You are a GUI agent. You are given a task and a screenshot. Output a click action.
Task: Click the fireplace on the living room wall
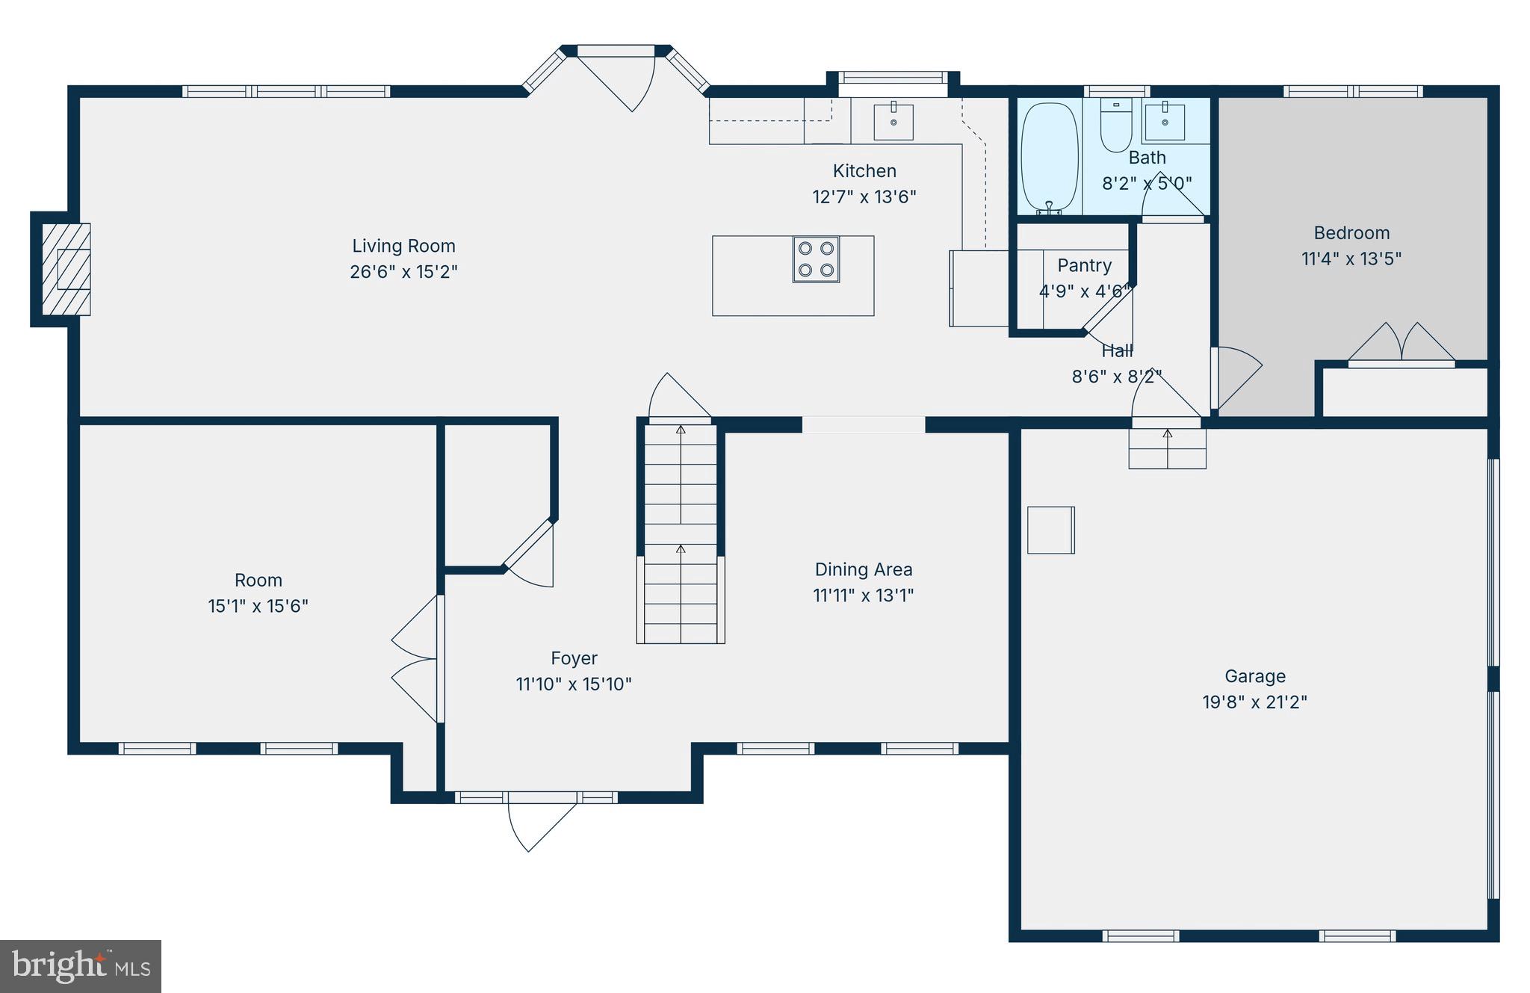[66, 269]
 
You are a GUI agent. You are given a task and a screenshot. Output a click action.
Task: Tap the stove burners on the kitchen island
[816, 259]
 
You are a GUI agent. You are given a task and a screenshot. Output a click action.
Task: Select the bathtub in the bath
[1050, 157]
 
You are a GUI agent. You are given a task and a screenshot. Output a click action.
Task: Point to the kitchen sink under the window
[893, 122]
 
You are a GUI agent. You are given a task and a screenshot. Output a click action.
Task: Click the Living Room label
[403, 246]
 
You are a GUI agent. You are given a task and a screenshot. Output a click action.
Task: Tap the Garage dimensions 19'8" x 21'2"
[1254, 702]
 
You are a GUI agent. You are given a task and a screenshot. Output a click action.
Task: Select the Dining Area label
[863, 569]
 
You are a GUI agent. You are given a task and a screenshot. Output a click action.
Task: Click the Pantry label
[1084, 265]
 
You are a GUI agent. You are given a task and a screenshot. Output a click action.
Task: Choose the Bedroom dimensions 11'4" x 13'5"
[1351, 259]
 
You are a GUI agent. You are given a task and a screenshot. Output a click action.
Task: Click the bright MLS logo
[81, 966]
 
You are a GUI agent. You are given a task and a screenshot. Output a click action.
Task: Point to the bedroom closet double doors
[1401, 345]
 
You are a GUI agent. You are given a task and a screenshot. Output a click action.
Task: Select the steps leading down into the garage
[1167, 448]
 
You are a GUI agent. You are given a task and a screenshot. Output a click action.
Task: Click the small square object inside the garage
[1050, 530]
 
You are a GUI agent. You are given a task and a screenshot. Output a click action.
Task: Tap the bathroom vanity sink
[1164, 122]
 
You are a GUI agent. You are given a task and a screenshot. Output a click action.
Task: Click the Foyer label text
[574, 658]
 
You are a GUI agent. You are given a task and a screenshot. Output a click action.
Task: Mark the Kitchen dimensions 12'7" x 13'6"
[864, 197]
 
